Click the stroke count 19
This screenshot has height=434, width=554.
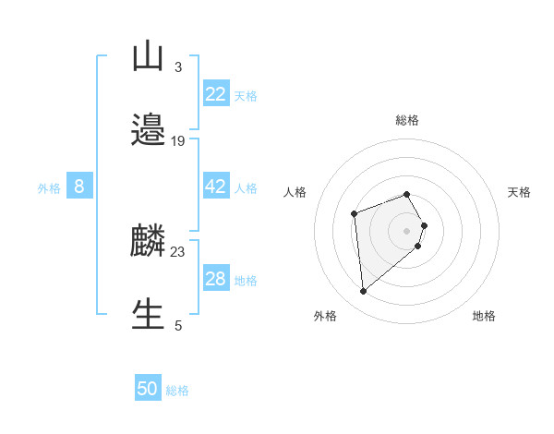click(x=178, y=141)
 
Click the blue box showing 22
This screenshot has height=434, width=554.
click(x=215, y=93)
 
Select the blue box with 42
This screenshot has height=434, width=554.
click(x=215, y=187)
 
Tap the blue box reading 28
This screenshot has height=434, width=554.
click(x=215, y=279)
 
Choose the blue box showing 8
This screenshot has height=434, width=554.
click(x=79, y=187)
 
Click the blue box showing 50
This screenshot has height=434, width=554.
click(x=148, y=390)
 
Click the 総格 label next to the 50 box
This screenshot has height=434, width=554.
click(x=177, y=391)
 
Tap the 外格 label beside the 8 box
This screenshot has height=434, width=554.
click(x=49, y=187)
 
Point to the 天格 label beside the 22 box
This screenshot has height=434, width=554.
click(x=246, y=95)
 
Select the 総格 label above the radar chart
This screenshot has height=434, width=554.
click(x=407, y=120)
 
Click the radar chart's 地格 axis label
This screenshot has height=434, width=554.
click(x=484, y=317)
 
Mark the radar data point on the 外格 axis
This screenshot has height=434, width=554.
click(x=364, y=292)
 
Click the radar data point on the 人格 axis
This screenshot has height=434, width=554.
click(x=354, y=214)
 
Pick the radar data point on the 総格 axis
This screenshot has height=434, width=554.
click(x=407, y=194)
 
